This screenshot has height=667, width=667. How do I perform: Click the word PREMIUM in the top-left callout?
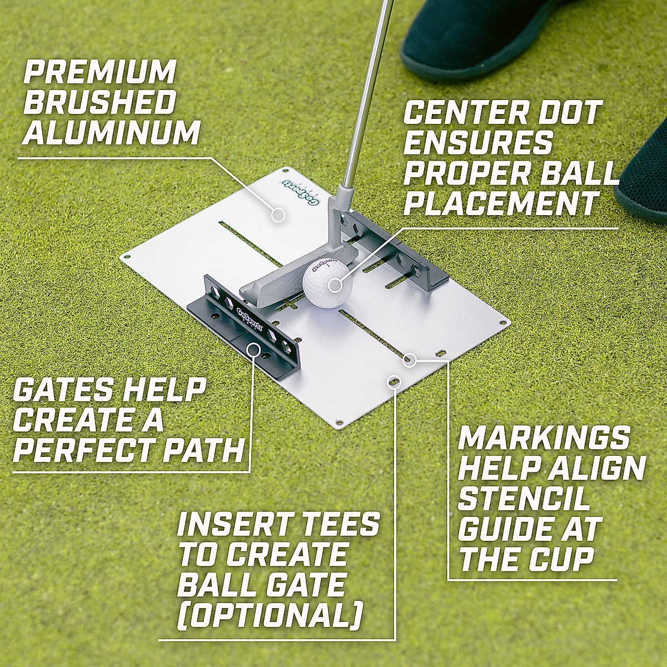click(99, 73)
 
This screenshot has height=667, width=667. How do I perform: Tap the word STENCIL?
click(523, 499)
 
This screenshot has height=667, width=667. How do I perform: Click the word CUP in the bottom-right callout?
click(561, 559)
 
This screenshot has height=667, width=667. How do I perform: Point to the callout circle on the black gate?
click(254, 350)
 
